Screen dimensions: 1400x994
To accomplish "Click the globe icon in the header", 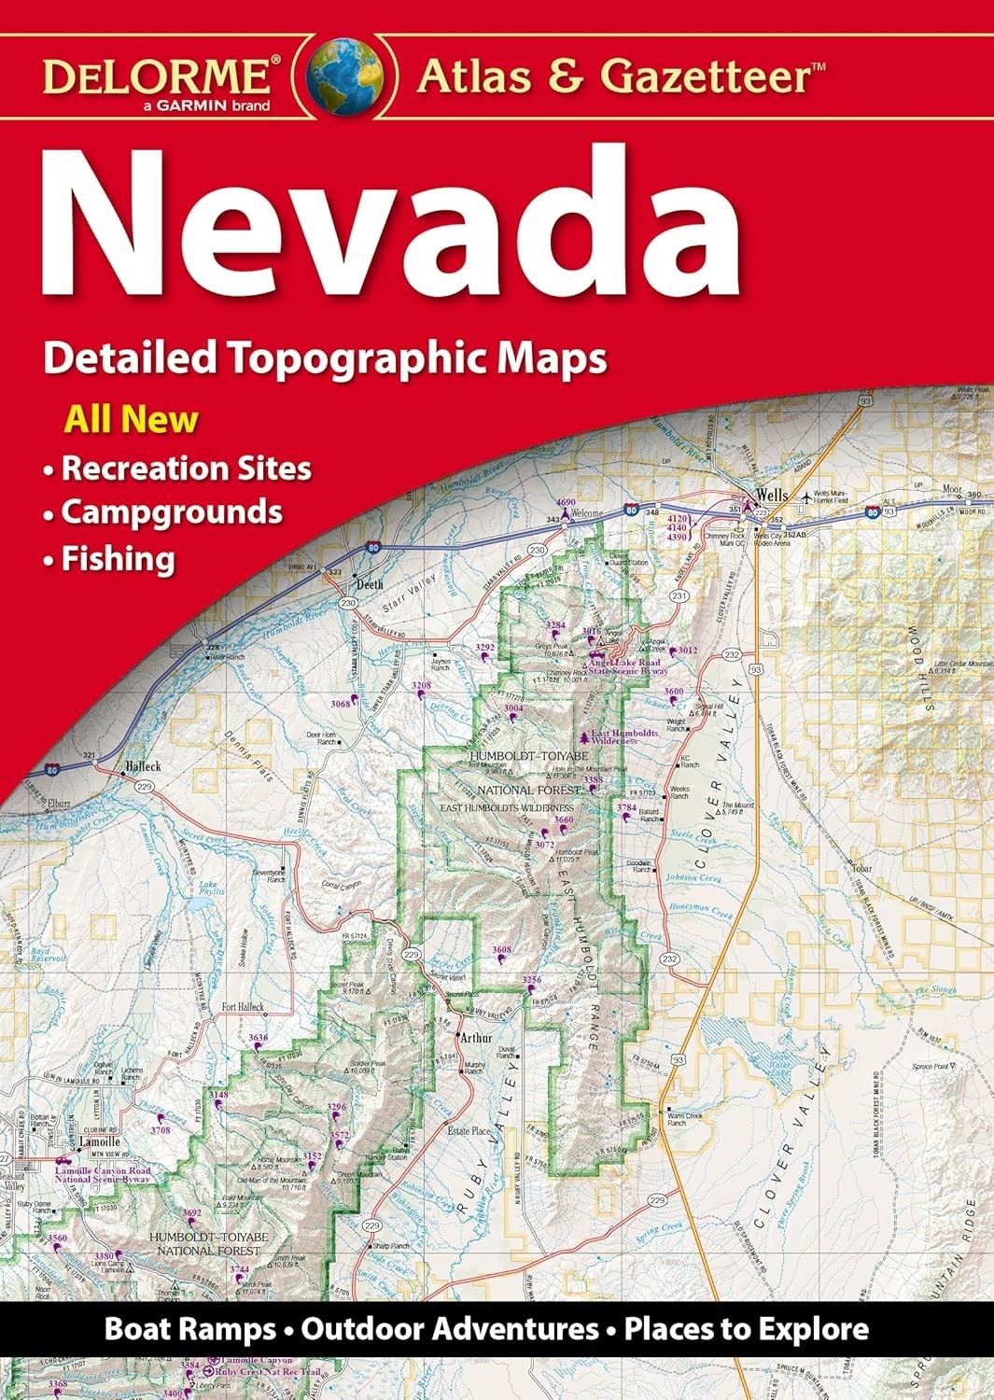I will tap(345, 75).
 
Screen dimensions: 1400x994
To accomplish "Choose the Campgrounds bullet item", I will tap(171, 511).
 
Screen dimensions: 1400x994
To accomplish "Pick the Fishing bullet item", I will tap(118, 558).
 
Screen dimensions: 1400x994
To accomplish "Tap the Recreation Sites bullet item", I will tap(186, 467).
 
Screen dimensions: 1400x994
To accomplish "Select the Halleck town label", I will tap(142, 766).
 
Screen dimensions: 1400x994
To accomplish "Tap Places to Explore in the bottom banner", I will tap(747, 1328).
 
